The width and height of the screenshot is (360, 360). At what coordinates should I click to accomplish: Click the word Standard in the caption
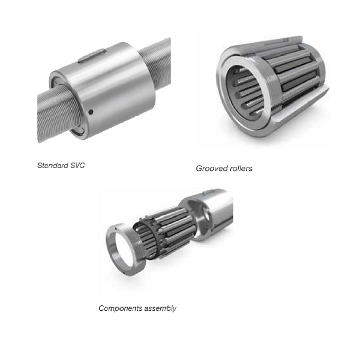53,166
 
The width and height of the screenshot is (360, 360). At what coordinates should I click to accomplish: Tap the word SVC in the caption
77,166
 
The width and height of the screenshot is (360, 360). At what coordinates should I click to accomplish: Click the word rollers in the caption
239,168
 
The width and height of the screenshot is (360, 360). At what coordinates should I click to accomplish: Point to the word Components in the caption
117,308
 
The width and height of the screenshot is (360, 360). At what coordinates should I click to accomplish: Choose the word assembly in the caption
157,308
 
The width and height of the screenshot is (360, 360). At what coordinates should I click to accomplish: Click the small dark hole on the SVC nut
91,112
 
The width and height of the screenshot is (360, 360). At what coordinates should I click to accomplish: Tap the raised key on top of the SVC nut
92,56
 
